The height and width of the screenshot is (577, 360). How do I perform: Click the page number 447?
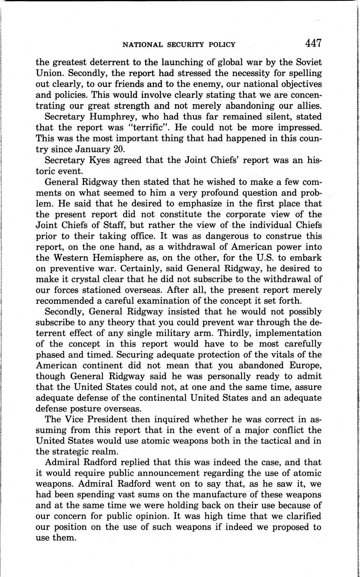click(313, 43)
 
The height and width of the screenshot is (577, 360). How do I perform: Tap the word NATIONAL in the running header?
click(140, 44)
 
